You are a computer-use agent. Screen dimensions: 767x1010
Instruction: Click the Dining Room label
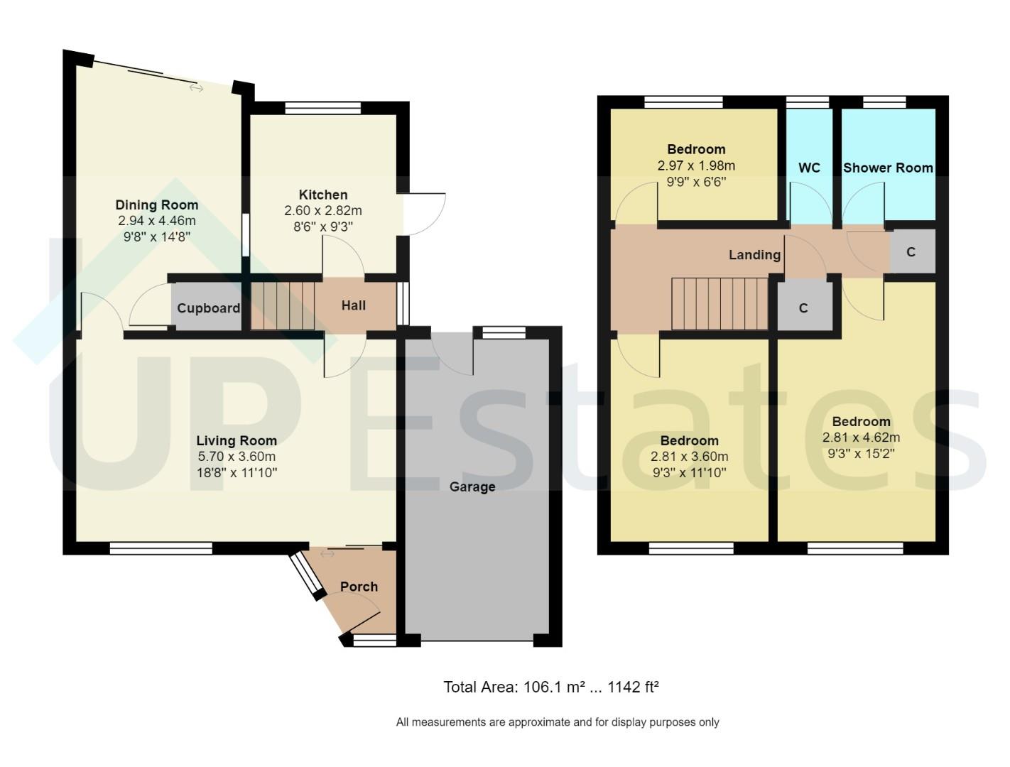click(156, 205)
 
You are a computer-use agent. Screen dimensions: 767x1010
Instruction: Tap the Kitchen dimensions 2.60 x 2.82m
click(323, 211)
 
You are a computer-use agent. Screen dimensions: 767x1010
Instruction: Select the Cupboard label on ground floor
click(208, 308)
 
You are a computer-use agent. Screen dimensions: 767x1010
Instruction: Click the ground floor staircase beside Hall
click(283, 305)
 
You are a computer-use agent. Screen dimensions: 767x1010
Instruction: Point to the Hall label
click(353, 305)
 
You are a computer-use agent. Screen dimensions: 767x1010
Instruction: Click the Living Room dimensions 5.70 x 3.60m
click(237, 456)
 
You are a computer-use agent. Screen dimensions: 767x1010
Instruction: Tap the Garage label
click(472, 486)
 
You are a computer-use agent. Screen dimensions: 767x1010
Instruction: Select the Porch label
click(359, 587)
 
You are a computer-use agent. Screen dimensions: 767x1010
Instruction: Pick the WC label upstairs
click(809, 168)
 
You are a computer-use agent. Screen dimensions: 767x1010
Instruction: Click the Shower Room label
click(888, 168)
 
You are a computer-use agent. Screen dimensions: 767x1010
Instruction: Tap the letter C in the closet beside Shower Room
click(911, 252)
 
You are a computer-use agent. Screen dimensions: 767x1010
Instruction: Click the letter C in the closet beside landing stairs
click(803, 308)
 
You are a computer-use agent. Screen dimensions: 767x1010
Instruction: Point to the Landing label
click(754, 254)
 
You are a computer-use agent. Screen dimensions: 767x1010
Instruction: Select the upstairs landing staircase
click(720, 304)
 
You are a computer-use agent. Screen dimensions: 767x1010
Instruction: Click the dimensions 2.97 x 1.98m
click(696, 165)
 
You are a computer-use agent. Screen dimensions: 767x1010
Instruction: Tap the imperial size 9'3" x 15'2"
click(861, 453)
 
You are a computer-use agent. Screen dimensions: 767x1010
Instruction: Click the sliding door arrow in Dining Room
click(197, 88)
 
